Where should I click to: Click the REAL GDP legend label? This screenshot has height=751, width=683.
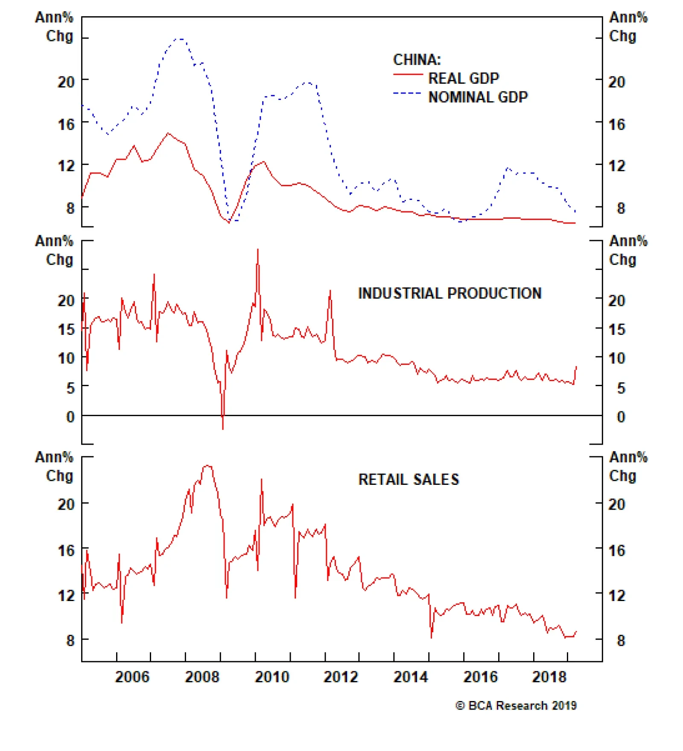pyautogui.click(x=463, y=79)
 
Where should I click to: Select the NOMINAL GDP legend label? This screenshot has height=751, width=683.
pyautogui.click(x=478, y=97)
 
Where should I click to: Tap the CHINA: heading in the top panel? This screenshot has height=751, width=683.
pyautogui.click(x=417, y=60)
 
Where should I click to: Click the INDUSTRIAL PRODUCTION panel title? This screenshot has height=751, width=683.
pyautogui.click(x=449, y=293)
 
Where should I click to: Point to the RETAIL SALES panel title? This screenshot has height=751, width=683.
pyautogui.click(x=409, y=480)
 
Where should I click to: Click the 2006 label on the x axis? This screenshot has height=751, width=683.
pyautogui.click(x=132, y=677)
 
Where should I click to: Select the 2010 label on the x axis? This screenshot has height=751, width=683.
pyautogui.click(x=272, y=677)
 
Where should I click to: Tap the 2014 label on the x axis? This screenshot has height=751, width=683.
pyautogui.click(x=410, y=677)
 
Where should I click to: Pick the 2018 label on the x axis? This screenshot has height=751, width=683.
pyautogui.click(x=549, y=677)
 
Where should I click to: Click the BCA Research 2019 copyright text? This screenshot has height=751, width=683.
pyautogui.click(x=516, y=706)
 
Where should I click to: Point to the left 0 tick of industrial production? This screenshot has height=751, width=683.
pyautogui.click(x=70, y=417)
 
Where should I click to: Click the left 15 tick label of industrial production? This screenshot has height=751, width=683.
pyautogui.click(x=66, y=330)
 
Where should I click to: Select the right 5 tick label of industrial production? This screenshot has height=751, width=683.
pyautogui.click(x=621, y=388)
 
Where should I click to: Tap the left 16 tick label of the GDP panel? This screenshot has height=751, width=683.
pyautogui.click(x=66, y=125)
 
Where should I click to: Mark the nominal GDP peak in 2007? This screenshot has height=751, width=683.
pyautogui.click(x=180, y=39)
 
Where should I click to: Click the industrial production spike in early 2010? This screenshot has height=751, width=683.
pyautogui.click(x=257, y=249)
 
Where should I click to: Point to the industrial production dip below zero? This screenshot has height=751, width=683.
pyautogui.click(x=223, y=428)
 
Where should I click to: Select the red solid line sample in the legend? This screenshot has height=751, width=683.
pyautogui.click(x=408, y=75)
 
